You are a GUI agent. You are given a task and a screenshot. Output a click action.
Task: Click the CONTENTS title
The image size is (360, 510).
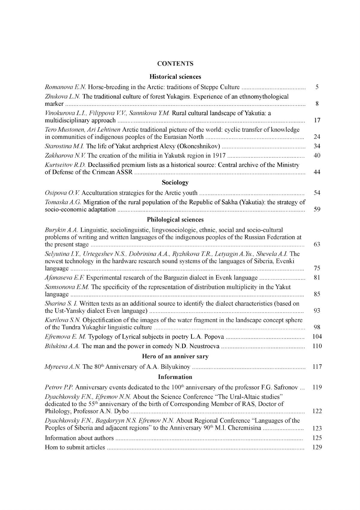coord(175,64)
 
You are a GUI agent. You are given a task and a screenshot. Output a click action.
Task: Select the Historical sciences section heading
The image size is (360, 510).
coord(175,77)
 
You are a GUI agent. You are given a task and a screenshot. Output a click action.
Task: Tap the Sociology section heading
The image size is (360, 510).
coord(175,182)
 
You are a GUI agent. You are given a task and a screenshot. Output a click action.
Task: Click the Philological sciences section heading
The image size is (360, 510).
coord(175,219)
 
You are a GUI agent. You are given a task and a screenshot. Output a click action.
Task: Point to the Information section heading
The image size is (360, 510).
coord(175,377)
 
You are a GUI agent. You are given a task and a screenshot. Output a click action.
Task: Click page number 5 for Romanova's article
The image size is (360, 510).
coord(317,87)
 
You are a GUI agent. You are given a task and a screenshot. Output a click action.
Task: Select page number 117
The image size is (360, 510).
coord(317,366)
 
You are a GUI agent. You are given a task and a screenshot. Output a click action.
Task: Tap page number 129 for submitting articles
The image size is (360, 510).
coord(317,447)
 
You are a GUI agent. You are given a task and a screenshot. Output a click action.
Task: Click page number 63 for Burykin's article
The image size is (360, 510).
coord(317,244)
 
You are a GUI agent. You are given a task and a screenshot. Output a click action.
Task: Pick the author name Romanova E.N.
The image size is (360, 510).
coord(66,87)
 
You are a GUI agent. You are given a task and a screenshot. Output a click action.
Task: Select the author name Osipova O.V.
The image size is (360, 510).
coord(62,193)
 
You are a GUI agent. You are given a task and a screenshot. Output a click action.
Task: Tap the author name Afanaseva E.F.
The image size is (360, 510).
coord(64,278)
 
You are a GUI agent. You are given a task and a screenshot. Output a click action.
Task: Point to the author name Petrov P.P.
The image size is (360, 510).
coord(59,387)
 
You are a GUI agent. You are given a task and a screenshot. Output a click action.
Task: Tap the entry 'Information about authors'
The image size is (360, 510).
coord(79,438)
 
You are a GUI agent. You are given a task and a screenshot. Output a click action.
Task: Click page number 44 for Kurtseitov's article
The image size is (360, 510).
coord(317,172)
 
